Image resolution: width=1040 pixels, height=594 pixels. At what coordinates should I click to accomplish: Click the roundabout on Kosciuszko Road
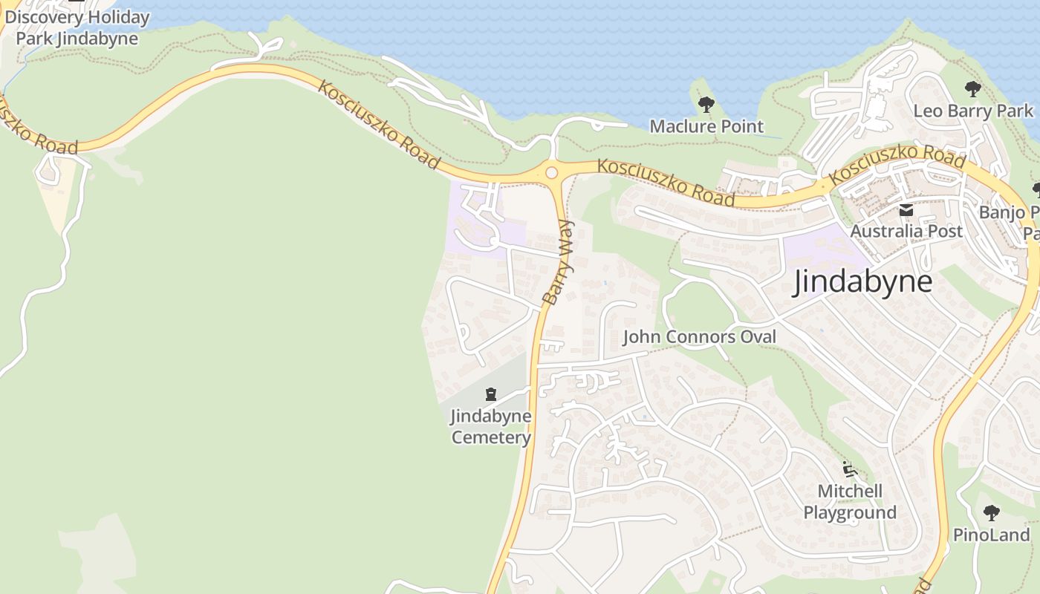pyautogui.click(x=551, y=173)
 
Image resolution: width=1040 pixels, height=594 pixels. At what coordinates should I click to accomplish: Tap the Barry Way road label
pyautogui.click(x=559, y=261)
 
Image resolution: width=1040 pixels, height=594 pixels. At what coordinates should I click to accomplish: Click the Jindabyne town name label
pyautogui.click(x=862, y=282)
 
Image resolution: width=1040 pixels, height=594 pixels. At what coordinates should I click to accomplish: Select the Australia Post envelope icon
pyautogui.click(x=906, y=211)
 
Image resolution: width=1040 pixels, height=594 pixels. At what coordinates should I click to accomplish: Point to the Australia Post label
pyautogui.click(x=906, y=231)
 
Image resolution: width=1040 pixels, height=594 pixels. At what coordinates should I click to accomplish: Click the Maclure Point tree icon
pyautogui.click(x=706, y=105)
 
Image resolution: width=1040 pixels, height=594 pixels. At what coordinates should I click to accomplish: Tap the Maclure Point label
pyautogui.click(x=706, y=126)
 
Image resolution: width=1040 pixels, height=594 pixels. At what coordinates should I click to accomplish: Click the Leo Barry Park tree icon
pyautogui.click(x=973, y=90)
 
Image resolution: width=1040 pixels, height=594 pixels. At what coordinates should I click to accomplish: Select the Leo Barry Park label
pyautogui.click(x=973, y=111)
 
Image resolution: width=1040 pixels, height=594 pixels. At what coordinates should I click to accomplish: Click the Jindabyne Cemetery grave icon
pyautogui.click(x=491, y=394)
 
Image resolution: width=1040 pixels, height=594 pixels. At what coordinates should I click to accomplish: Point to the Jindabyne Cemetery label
pyautogui.click(x=491, y=426)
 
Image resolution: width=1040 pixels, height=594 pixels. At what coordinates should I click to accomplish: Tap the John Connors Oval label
pyautogui.click(x=699, y=337)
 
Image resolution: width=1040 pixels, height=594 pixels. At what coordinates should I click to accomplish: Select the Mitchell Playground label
pyautogui.click(x=850, y=502)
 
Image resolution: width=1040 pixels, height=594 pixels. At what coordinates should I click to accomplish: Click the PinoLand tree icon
pyautogui.click(x=991, y=513)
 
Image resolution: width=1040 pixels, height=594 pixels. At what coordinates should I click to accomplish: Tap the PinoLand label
pyautogui.click(x=991, y=535)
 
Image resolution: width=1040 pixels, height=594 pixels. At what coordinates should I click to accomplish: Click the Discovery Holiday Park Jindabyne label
pyautogui.click(x=77, y=27)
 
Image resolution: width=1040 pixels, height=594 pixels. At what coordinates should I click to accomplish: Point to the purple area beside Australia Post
pyautogui.click(x=821, y=252)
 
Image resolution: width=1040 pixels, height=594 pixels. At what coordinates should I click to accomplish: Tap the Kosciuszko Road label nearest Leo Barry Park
pyautogui.click(x=897, y=165)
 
